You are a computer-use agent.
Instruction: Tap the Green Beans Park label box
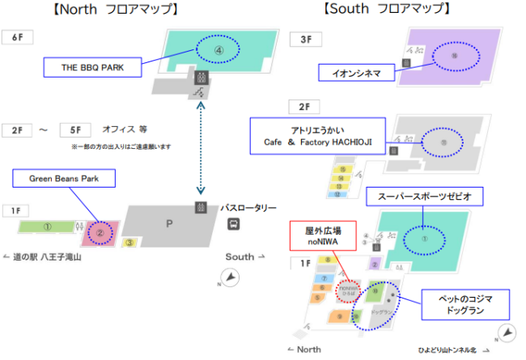(x=62, y=177)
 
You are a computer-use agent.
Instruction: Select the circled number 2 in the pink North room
(x=100, y=232)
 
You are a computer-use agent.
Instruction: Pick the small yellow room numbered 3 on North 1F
(x=129, y=242)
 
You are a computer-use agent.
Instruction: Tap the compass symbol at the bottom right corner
(x=506, y=332)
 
